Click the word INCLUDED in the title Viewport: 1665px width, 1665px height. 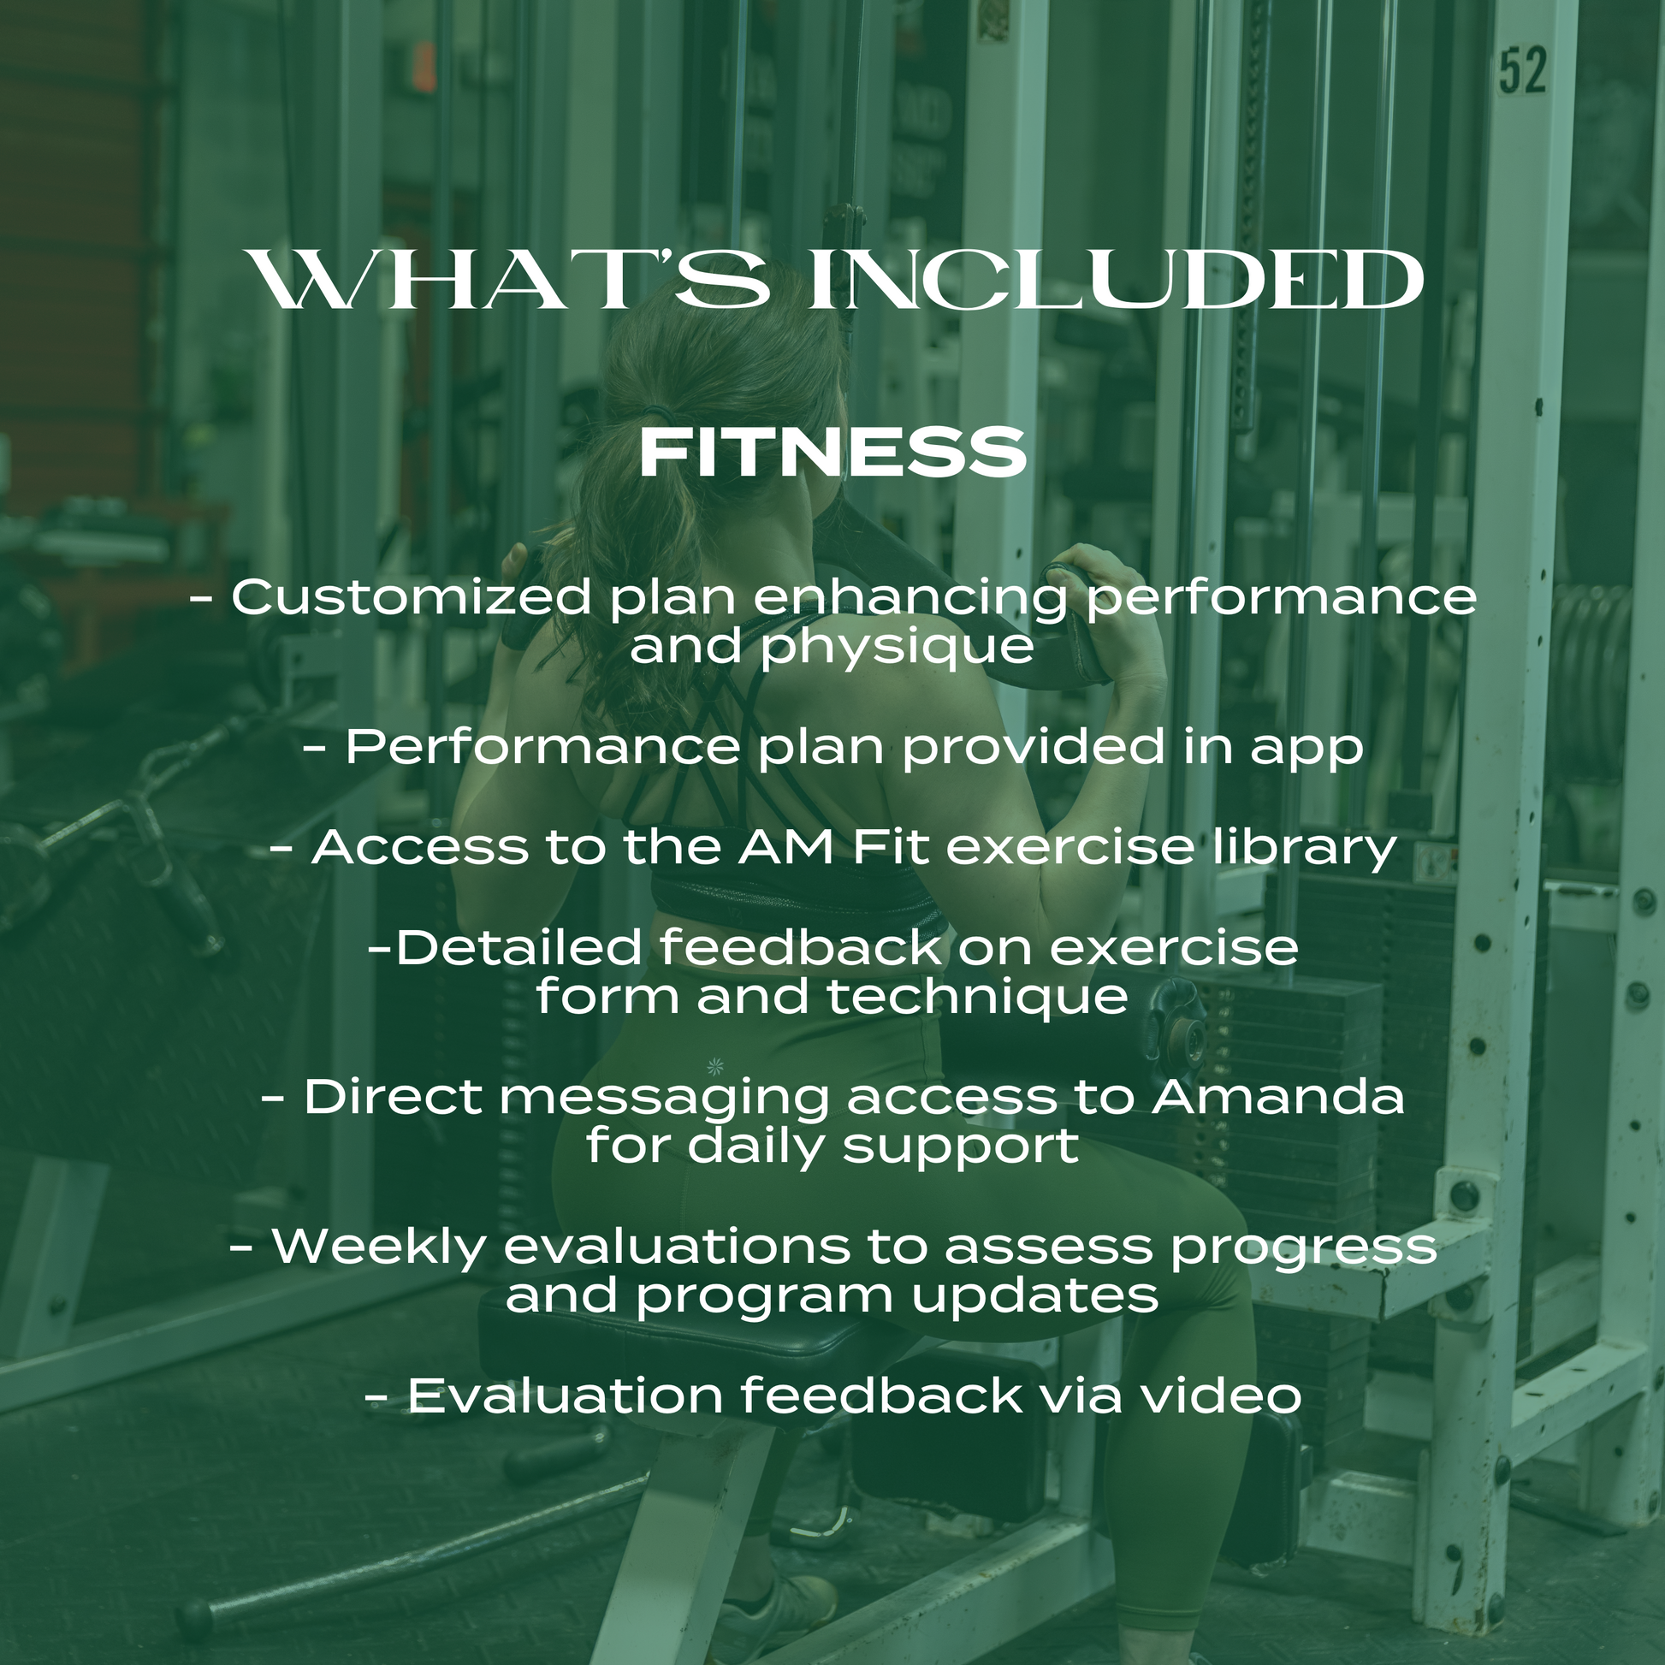point(1117,279)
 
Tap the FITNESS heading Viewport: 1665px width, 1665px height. point(832,454)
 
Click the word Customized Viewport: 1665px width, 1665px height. point(412,597)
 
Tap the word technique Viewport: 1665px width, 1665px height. point(977,997)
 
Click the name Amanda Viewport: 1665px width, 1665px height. point(1278,1097)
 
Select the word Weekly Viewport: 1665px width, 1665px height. point(379,1247)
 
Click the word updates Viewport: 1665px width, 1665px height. point(1035,1297)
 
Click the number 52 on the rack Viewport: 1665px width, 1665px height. point(1523,72)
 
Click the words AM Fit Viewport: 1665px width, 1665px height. point(834,846)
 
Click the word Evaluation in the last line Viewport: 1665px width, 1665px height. point(565,1396)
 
